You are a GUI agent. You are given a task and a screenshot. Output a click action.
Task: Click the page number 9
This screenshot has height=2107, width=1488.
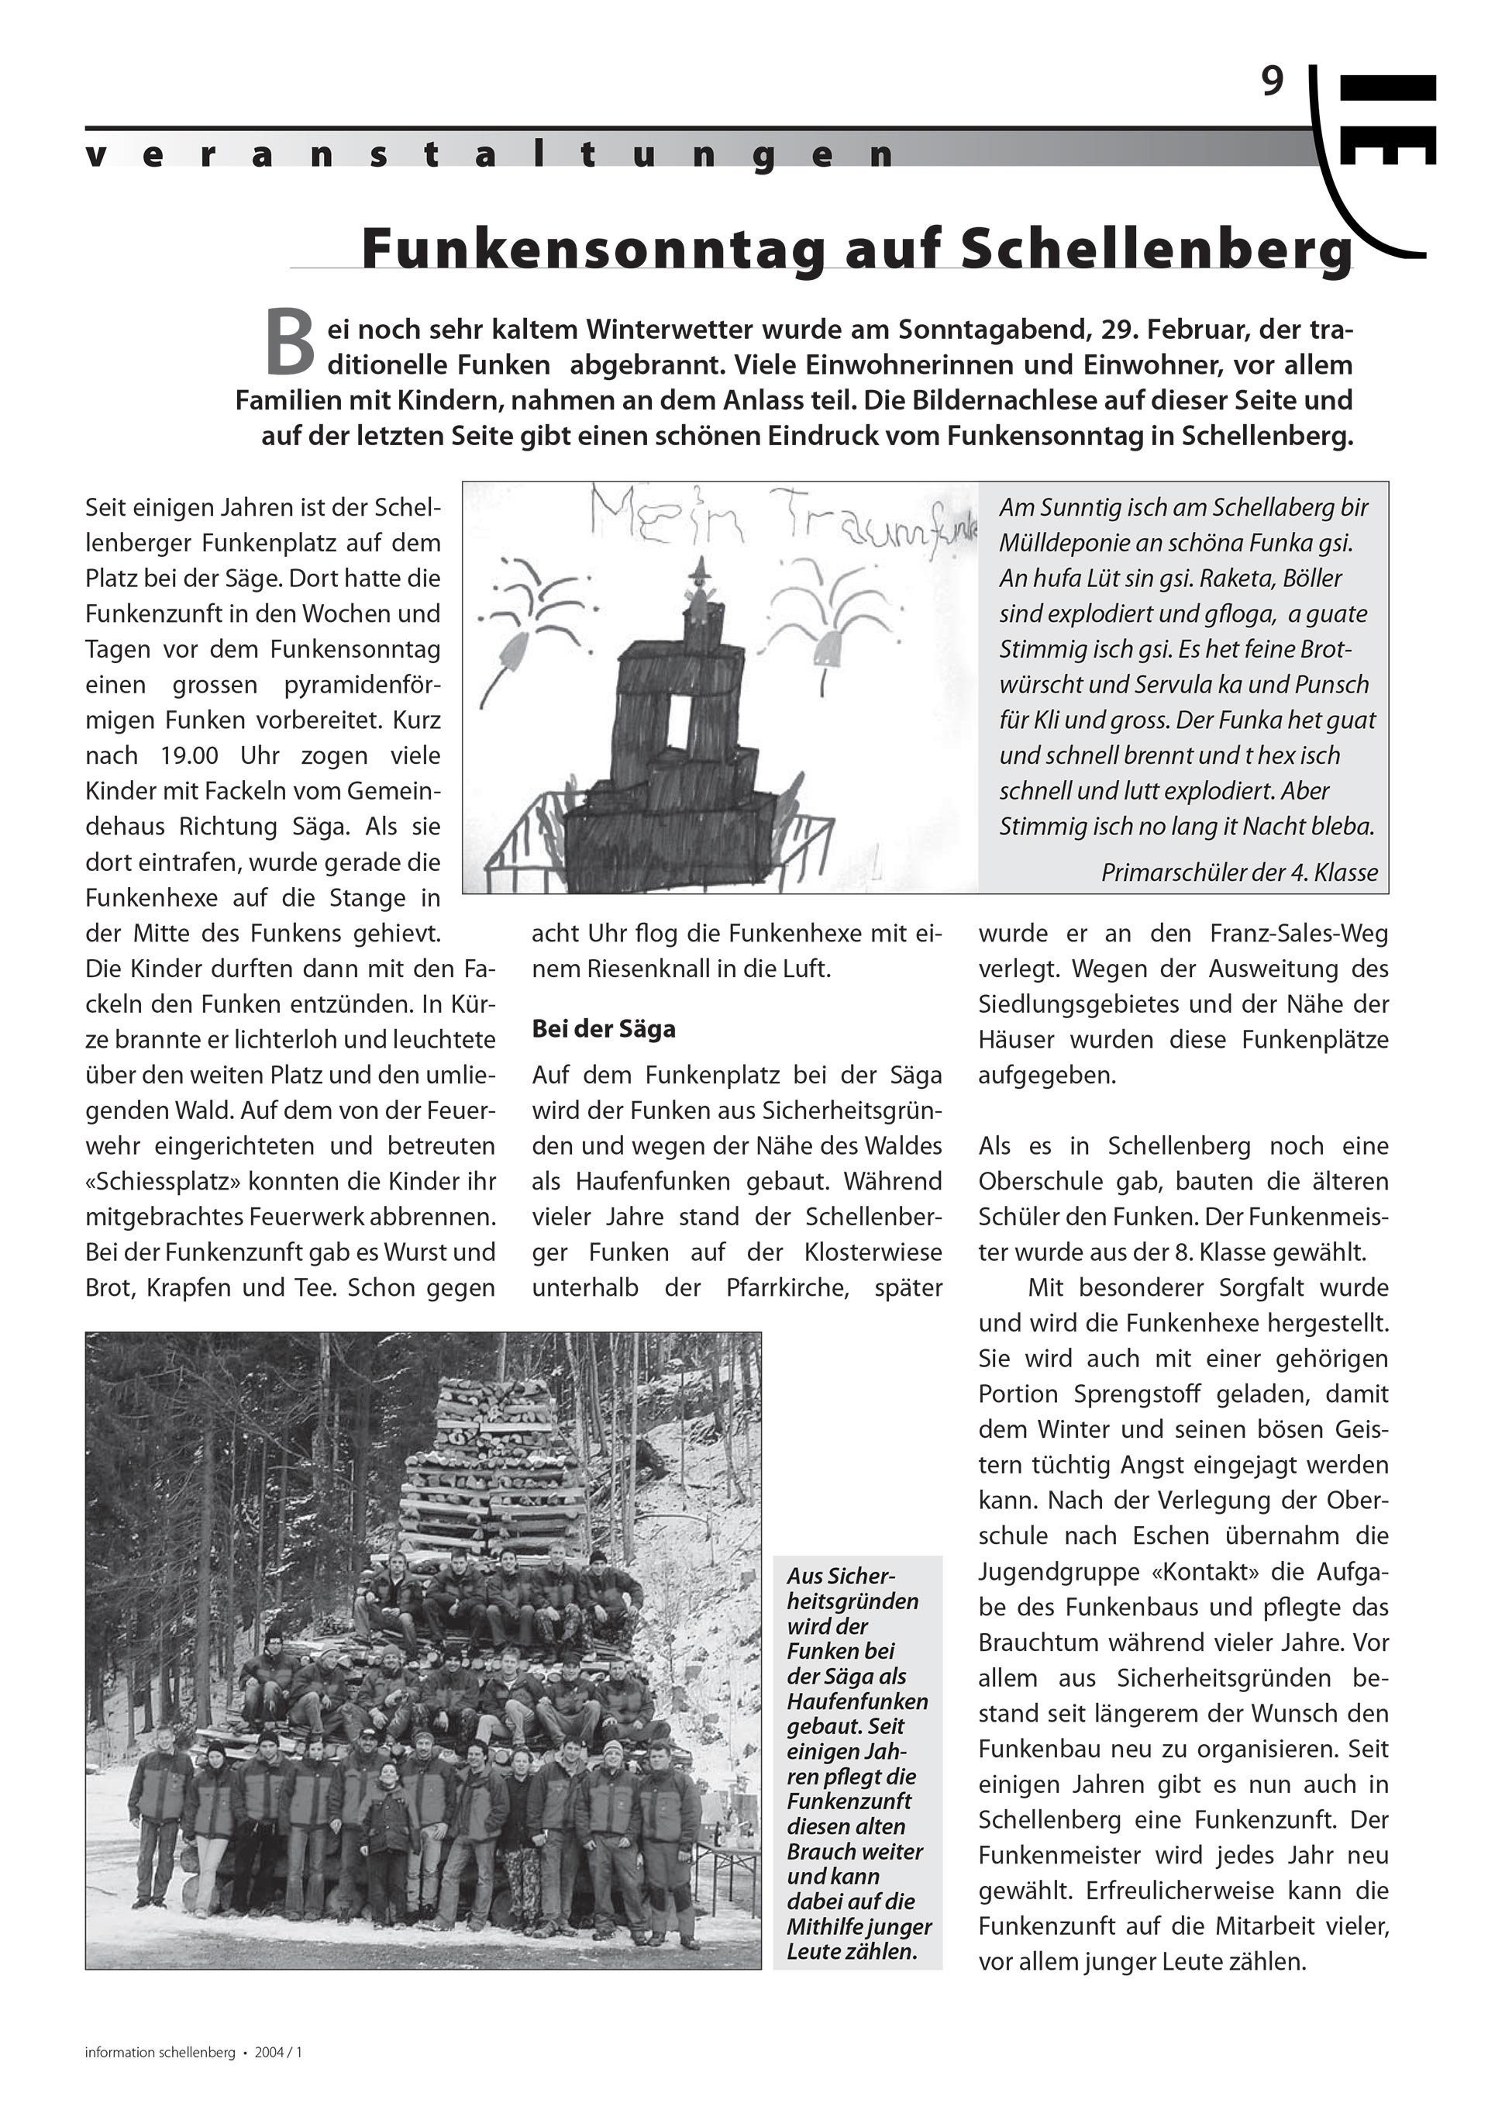(1272, 83)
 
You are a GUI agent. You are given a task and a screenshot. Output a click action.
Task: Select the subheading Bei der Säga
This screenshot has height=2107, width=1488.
(604, 1029)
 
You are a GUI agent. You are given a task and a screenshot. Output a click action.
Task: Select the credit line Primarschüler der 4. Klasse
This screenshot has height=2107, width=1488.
(1238, 872)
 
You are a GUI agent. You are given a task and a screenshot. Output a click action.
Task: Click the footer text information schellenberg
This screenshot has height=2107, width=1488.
(160, 2052)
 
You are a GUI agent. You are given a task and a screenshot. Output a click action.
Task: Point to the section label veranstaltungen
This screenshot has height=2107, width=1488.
(491, 155)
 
